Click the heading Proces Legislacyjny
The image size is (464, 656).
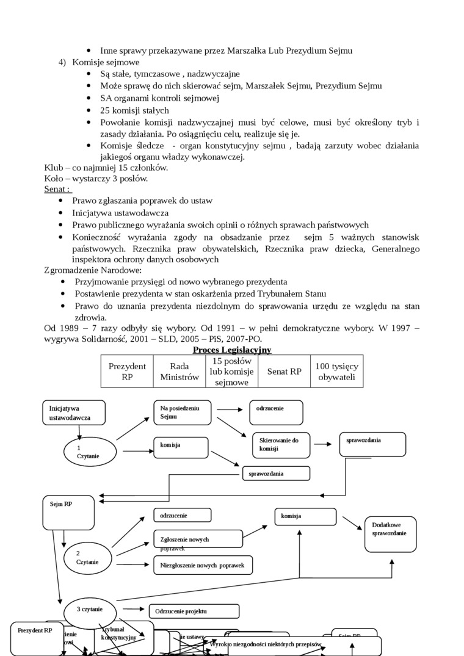tap(232, 350)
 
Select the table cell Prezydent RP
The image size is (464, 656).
tap(127, 371)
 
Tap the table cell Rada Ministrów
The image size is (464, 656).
tap(179, 371)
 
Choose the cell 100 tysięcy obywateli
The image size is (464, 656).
tap(337, 371)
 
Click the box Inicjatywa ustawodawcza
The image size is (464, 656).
tap(74, 413)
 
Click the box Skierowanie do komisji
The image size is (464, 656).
tap(281, 445)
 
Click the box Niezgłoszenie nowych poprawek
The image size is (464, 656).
tap(203, 566)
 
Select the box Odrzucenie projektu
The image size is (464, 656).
tap(194, 611)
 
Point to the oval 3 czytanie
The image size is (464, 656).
tap(90, 610)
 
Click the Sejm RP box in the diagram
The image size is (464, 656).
tap(68, 512)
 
